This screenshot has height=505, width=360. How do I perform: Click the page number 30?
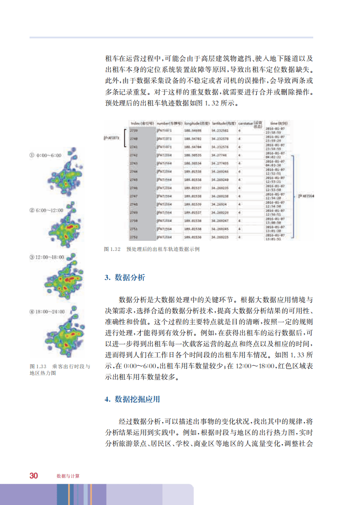click(34, 475)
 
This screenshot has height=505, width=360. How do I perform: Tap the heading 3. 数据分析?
click(124, 277)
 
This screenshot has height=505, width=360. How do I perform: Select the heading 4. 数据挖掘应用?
click(132, 399)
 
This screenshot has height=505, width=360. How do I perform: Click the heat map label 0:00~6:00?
click(45, 156)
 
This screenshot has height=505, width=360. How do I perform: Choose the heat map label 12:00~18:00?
click(47, 257)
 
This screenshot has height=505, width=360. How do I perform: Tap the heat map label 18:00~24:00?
click(47, 311)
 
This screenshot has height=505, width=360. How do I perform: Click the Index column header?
click(141, 123)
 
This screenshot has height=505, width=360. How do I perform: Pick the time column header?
click(279, 123)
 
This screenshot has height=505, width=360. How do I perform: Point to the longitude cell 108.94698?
click(193, 131)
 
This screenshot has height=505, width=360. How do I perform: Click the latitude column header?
click(224, 123)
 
